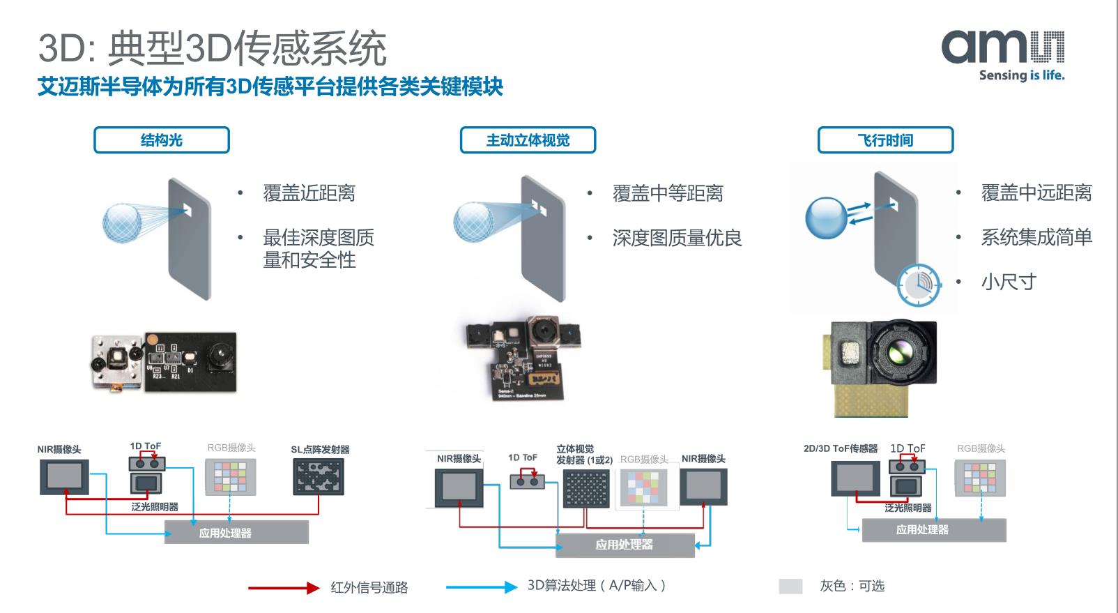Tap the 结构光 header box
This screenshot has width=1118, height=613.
(x=162, y=140)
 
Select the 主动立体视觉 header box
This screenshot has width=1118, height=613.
(x=528, y=140)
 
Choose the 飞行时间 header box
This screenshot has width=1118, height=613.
(x=885, y=140)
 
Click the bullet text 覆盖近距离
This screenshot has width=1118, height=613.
(x=309, y=193)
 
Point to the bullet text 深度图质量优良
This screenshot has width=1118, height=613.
(x=677, y=238)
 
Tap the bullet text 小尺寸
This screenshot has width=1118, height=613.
(x=1009, y=282)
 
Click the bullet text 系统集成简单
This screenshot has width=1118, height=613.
(x=1036, y=237)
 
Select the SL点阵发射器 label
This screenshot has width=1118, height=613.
(x=320, y=450)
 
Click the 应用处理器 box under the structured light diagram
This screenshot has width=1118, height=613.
(x=236, y=533)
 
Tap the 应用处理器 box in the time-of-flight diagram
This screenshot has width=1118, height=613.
(x=934, y=530)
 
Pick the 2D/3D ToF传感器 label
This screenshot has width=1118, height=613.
(x=841, y=448)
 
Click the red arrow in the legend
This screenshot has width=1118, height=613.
(x=283, y=588)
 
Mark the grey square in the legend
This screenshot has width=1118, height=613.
(x=790, y=586)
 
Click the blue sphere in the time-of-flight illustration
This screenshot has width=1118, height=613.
(x=826, y=218)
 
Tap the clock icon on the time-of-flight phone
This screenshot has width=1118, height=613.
(x=919, y=285)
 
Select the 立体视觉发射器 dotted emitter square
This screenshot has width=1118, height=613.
(x=586, y=489)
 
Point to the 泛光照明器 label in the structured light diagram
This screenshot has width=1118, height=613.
(x=155, y=507)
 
